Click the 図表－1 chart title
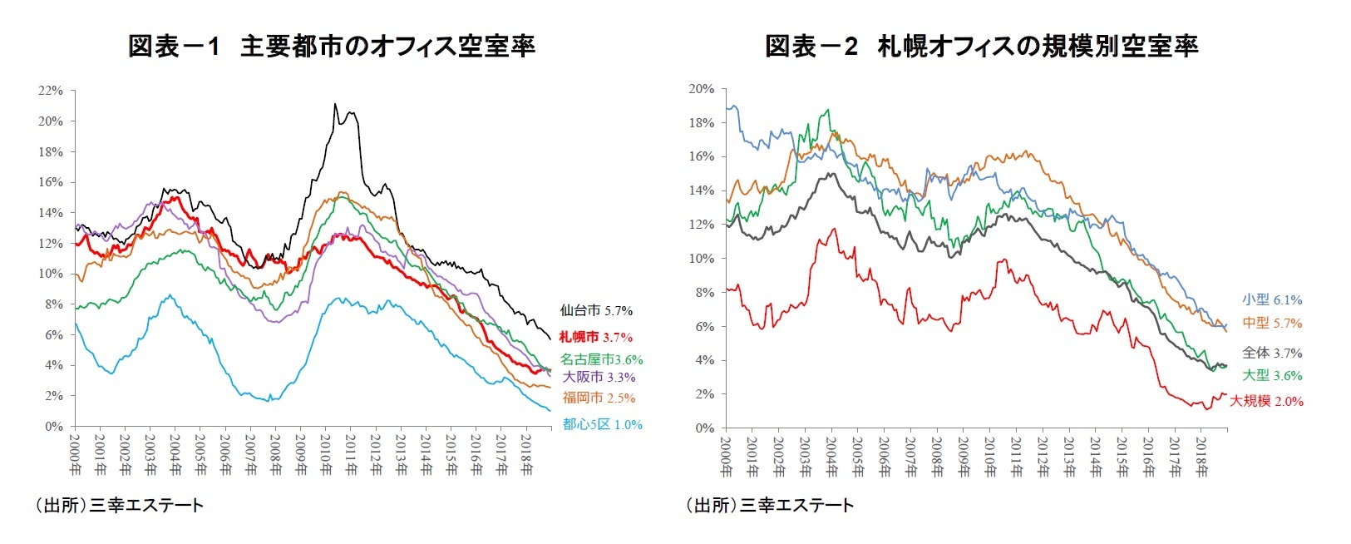331,46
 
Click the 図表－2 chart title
981,46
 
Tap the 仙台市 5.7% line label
596,310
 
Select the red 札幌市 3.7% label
595,337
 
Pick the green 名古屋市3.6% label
601,359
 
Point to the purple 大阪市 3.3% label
599,377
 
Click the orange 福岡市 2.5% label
599,398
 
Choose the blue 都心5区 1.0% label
602,424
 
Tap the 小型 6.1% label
1272,299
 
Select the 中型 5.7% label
1272,323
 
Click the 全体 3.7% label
1272,353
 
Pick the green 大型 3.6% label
1272,375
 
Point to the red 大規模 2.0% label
1266,401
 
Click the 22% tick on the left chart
51,91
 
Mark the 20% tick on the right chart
701,89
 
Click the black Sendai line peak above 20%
335,105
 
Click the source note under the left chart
119,505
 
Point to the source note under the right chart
769,505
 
